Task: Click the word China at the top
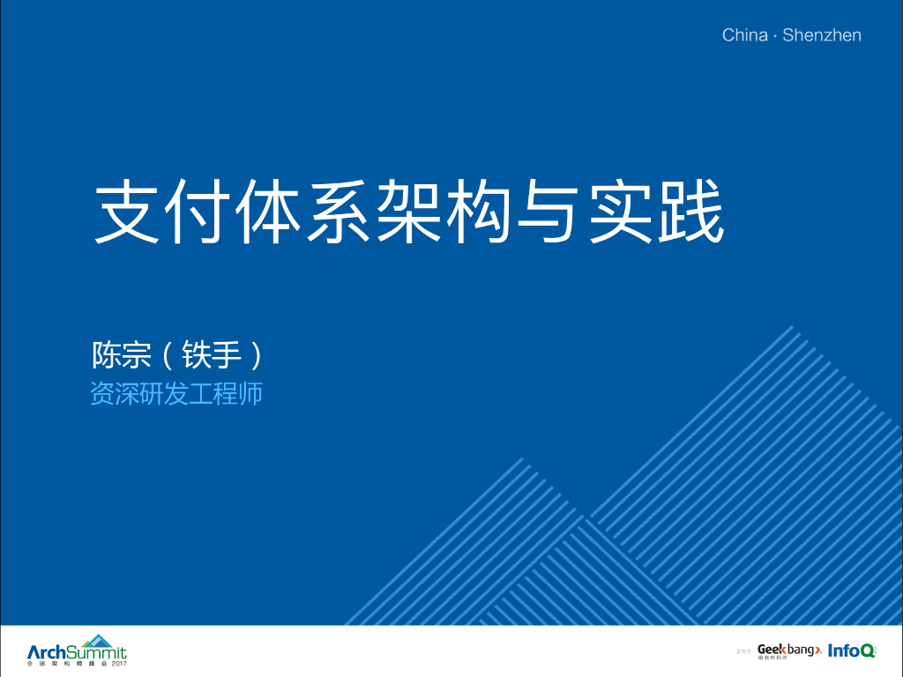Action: [744, 35]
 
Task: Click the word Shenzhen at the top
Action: [821, 35]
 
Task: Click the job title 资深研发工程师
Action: [176, 394]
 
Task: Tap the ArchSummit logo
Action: [77, 651]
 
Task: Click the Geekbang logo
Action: [788, 651]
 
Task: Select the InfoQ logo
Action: [851, 651]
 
